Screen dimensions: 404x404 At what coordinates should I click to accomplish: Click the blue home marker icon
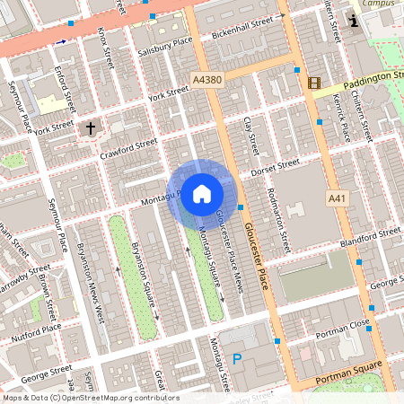coord(202,193)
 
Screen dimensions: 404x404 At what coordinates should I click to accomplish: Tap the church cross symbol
coord(91,128)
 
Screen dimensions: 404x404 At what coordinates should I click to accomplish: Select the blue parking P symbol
coord(238,359)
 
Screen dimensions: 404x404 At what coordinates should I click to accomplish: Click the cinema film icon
coord(313,83)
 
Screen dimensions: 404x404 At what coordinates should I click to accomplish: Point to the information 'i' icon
coord(355,21)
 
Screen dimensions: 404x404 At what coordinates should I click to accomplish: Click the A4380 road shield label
coord(206,81)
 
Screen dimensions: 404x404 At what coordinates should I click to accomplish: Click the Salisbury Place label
coord(167,41)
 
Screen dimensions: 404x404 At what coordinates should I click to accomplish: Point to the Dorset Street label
coord(275,166)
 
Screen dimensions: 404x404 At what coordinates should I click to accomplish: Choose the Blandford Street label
coord(370,238)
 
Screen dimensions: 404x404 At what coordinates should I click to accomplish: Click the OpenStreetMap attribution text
coord(90,398)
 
